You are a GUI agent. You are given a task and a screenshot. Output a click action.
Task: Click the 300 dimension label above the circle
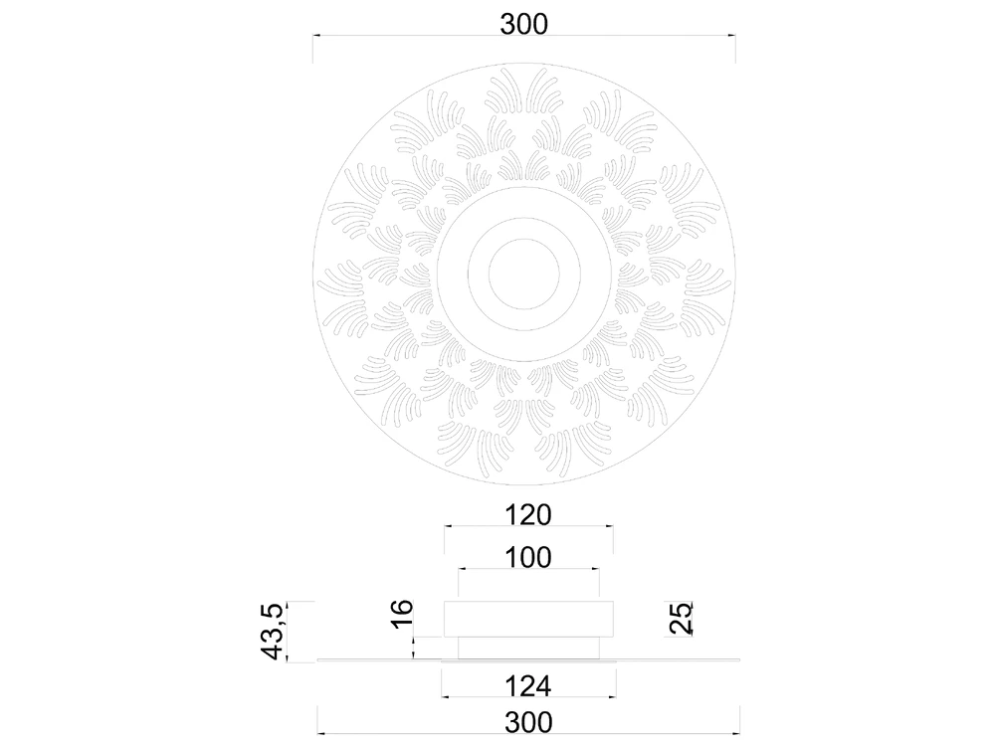pyautogui.click(x=523, y=24)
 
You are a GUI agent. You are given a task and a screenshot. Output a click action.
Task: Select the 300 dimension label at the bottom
pyautogui.click(x=528, y=722)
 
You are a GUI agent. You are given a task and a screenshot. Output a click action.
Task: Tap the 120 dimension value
pyautogui.click(x=528, y=514)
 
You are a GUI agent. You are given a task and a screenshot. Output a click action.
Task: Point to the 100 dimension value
pyautogui.click(x=528, y=558)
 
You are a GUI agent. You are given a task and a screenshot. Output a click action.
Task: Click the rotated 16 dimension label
pyautogui.click(x=402, y=614)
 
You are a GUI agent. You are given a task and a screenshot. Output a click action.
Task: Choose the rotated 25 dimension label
pyautogui.click(x=681, y=618)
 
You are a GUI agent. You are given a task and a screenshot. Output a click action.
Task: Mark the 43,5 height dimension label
pyautogui.click(x=274, y=631)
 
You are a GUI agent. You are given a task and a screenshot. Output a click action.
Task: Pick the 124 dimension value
pyautogui.click(x=528, y=686)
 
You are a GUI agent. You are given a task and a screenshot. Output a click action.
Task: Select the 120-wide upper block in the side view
pyautogui.click(x=528, y=619)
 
